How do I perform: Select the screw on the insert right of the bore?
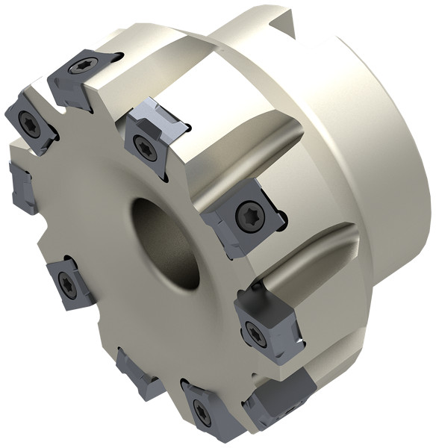coord(246,216)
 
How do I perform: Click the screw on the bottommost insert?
coord(199,409)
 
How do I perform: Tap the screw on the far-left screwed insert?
coord(28,124)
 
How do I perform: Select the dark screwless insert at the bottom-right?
coord(288,395)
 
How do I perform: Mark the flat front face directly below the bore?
coord(157,314)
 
